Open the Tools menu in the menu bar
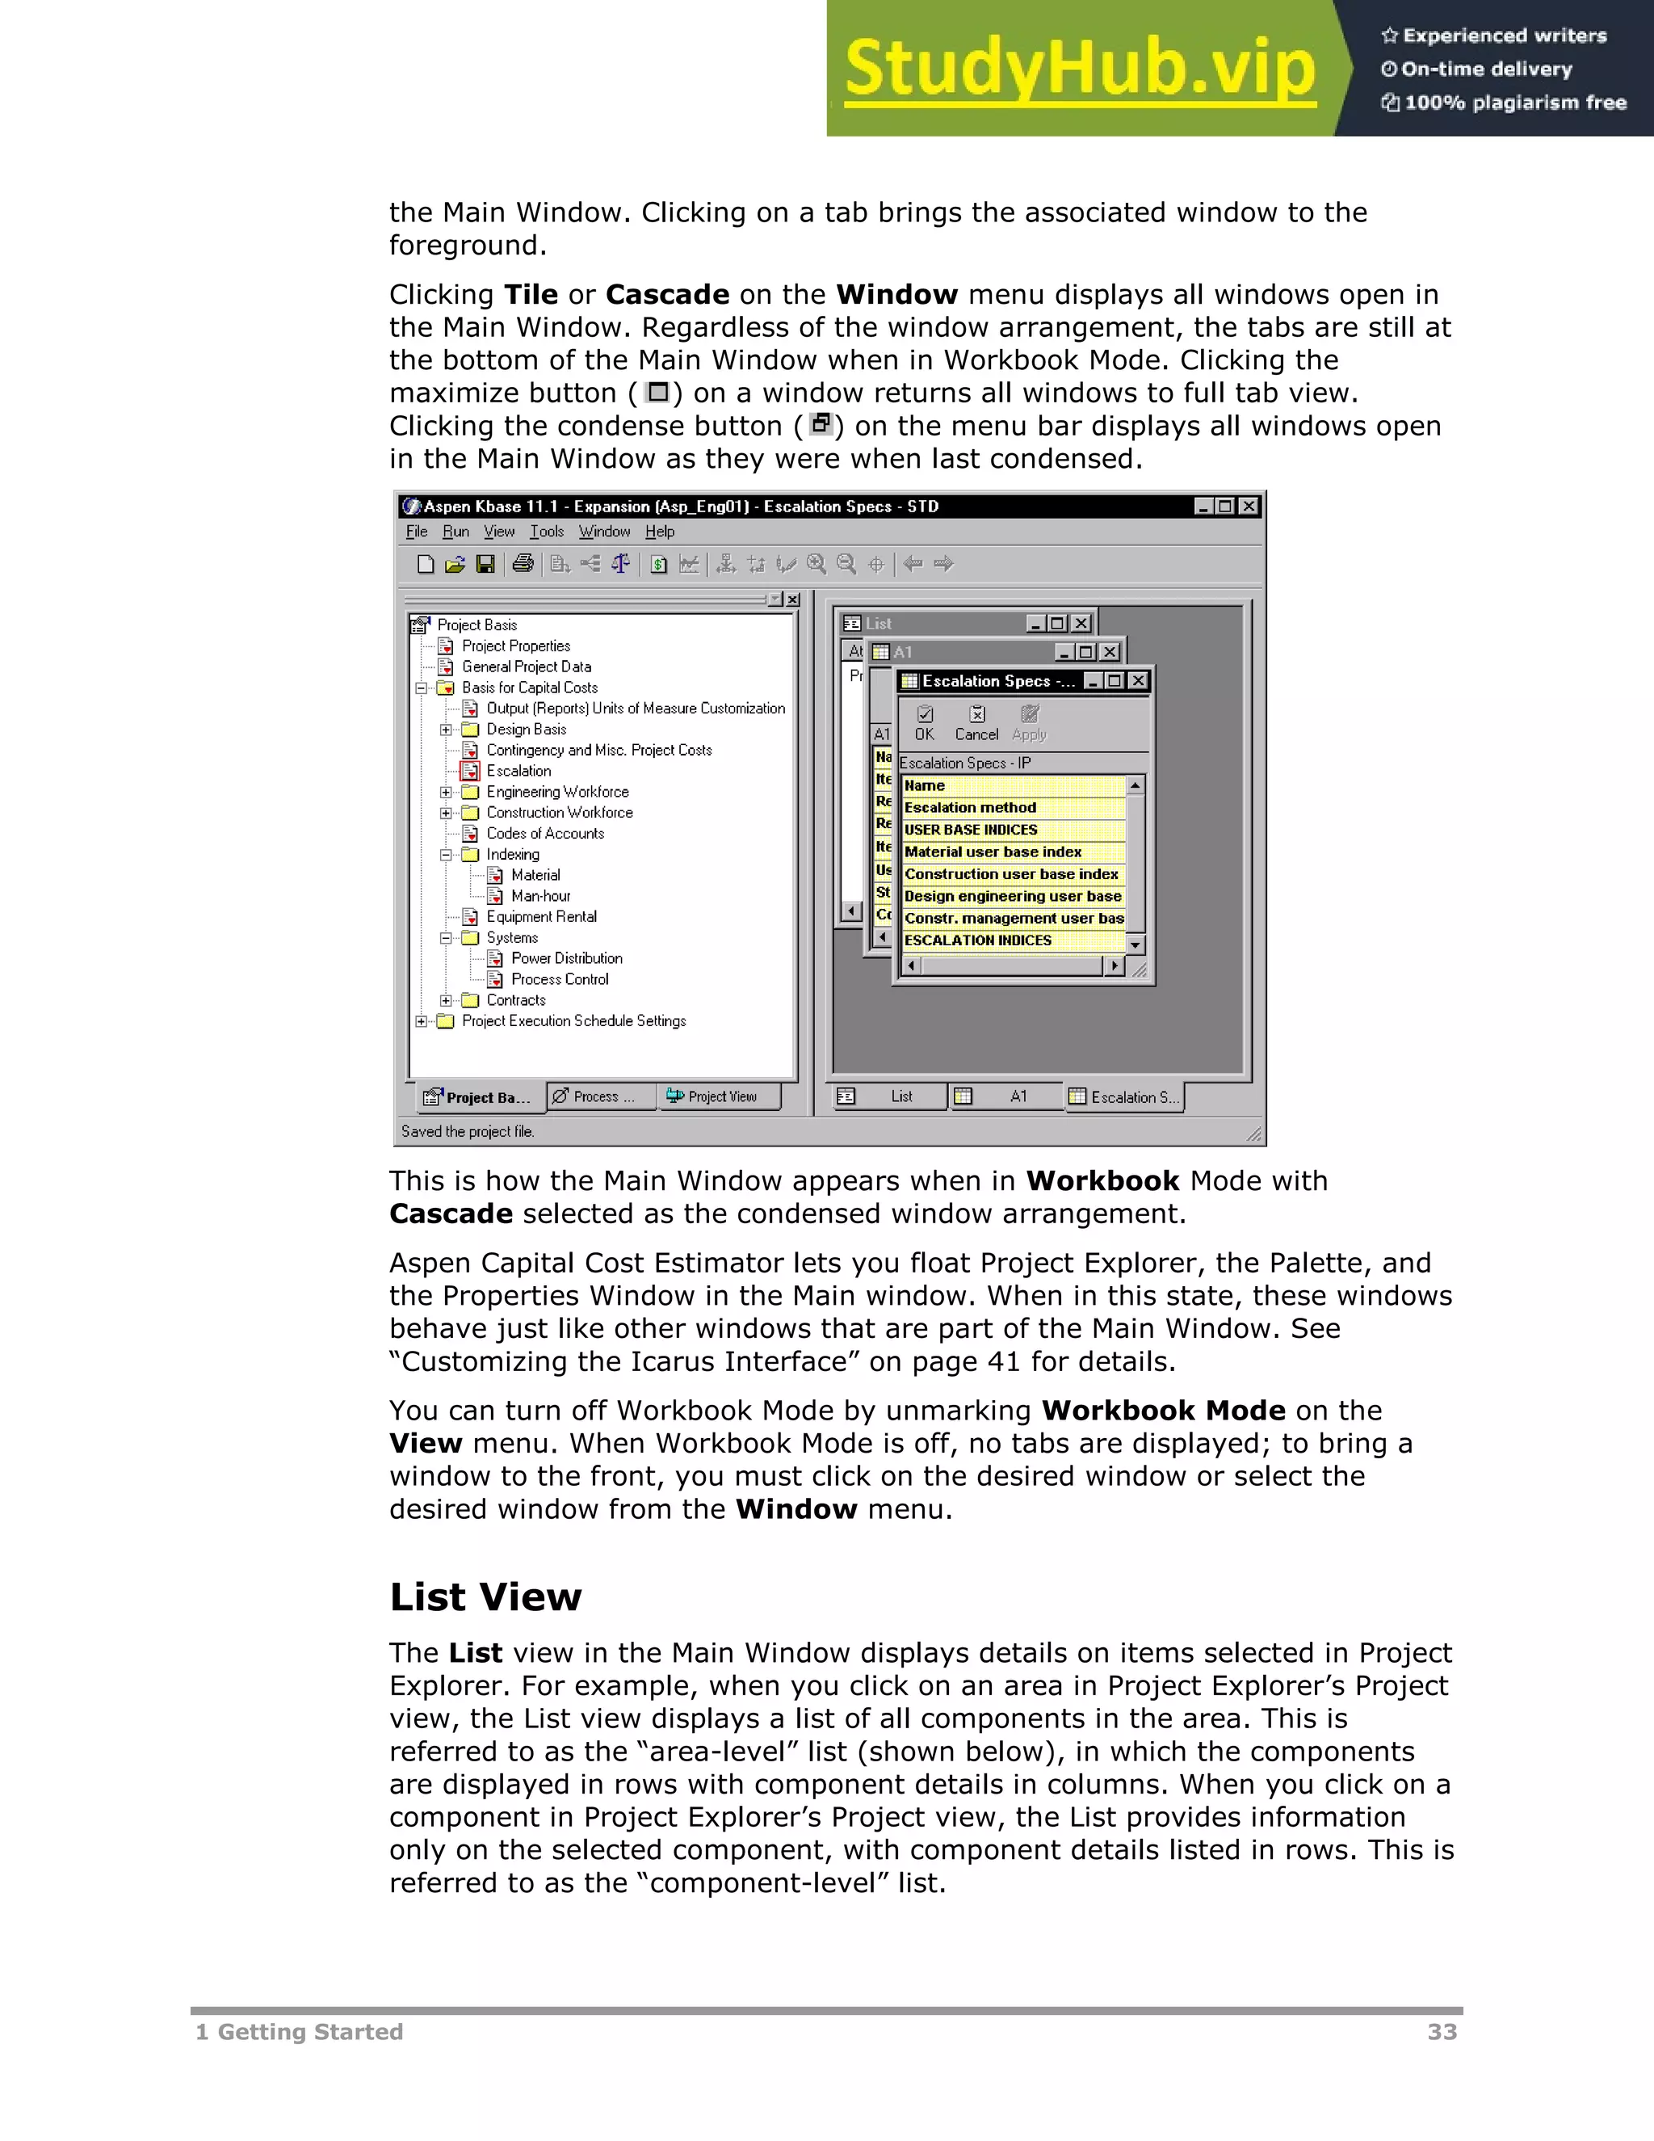(547, 532)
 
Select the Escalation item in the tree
(518, 772)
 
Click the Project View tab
(721, 1097)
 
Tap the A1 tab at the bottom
(1007, 1097)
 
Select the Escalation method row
(970, 808)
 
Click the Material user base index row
(993, 852)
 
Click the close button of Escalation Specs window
(1138, 680)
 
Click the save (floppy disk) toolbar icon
(485, 564)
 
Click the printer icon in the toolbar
(523, 564)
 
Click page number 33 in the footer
(1442, 2032)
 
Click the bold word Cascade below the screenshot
(451, 1214)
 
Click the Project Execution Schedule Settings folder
(573, 1021)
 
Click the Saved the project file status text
(468, 1131)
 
